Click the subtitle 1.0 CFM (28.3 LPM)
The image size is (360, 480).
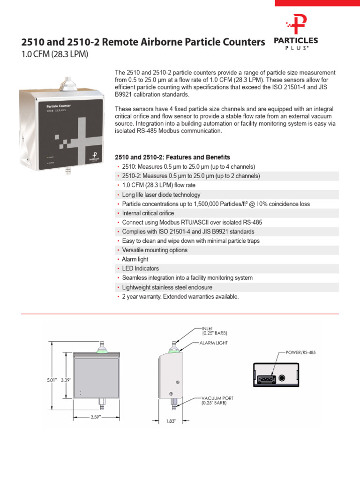(55, 54)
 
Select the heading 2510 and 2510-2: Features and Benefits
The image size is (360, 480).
(172, 157)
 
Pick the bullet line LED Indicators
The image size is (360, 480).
(140, 269)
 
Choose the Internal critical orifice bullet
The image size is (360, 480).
(148, 213)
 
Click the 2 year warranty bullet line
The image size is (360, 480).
(180, 297)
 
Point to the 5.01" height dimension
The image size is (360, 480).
(51, 380)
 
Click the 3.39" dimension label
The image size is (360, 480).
(65, 380)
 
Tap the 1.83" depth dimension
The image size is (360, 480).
(171, 421)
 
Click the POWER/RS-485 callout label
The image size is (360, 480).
(300, 352)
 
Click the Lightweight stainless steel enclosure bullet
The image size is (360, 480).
(167, 287)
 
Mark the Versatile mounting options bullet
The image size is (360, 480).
(154, 250)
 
